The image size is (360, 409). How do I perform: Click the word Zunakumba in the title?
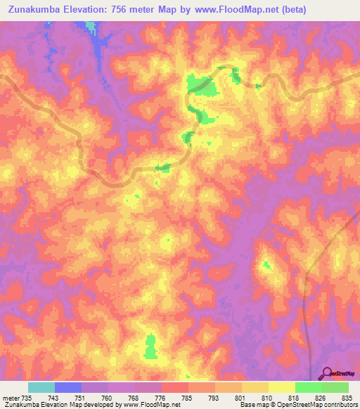pos(34,11)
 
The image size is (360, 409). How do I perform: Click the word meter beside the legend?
pos(10,398)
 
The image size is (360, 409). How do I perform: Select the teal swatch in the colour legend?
pos(41,387)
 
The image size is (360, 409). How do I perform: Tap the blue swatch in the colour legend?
pos(68,387)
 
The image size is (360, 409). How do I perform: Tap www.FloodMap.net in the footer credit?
pos(150,405)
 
